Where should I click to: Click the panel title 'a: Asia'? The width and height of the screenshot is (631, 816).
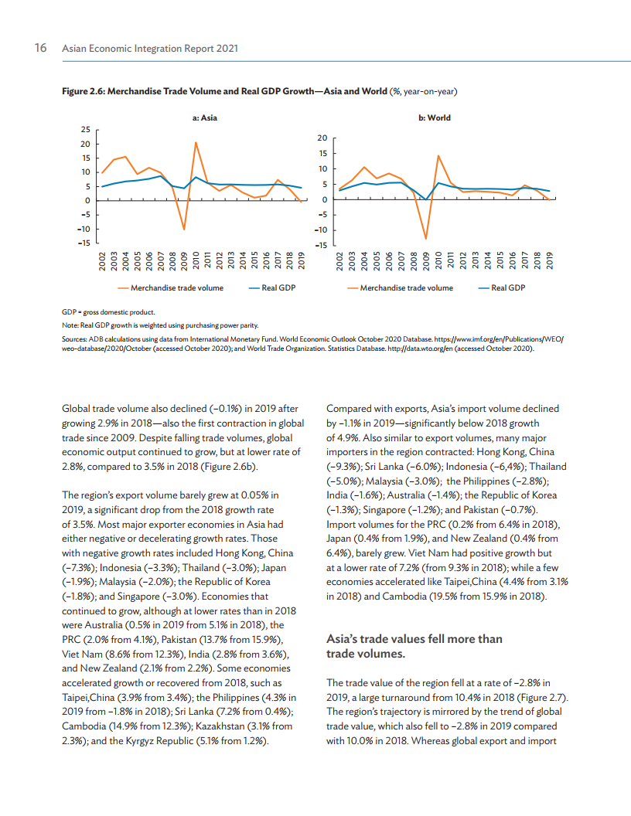click(204, 118)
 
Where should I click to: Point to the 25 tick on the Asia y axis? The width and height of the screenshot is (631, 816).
click(85, 129)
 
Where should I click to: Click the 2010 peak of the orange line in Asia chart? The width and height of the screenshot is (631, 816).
click(196, 142)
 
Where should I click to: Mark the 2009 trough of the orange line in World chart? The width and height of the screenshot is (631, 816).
click(425, 238)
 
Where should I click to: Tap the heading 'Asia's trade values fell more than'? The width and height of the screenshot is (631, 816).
click(414, 639)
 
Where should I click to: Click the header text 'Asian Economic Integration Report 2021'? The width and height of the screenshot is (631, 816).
click(149, 49)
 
